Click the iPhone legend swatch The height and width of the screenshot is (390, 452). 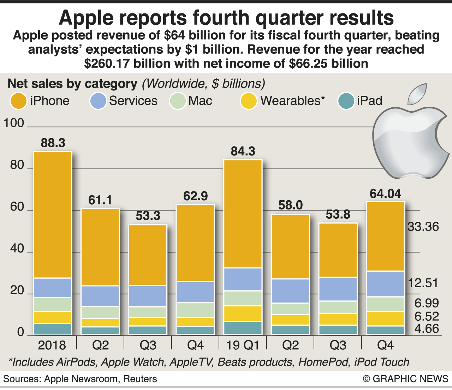(x=18, y=101)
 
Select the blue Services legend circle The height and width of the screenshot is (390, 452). (x=98, y=101)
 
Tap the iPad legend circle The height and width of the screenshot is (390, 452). (x=346, y=101)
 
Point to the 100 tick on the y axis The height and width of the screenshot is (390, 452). (x=13, y=123)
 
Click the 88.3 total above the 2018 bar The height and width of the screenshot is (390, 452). (x=53, y=143)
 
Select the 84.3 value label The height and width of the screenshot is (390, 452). (x=243, y=152)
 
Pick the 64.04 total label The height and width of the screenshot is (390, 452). (x=385, y=194)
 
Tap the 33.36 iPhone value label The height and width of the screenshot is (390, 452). (x=423, y=227)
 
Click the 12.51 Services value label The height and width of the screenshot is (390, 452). (x=423, y=283)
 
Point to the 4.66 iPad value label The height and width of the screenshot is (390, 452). (x=427, y=329)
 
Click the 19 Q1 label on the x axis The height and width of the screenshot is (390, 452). (x=243, y=345)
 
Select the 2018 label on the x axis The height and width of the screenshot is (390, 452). (x=52, y=345)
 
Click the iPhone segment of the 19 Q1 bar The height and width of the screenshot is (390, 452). (x=243, y=214)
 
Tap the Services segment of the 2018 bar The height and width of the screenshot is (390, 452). (x=53, y=288)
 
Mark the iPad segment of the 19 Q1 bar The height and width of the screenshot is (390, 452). (x=243, y=327)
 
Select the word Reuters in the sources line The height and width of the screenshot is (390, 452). (x=140, y=379)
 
